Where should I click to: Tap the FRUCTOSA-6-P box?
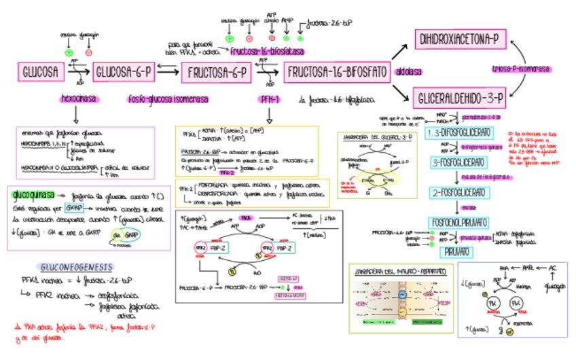(216, 71)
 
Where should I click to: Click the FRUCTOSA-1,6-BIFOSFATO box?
(337, 71)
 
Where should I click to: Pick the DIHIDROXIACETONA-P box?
(459, 40)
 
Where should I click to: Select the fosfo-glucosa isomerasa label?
(168, 99)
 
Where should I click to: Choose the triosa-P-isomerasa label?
(521, 69)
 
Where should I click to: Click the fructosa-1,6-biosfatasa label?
(267, 52)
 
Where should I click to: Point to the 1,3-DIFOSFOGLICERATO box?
(459, 132)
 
